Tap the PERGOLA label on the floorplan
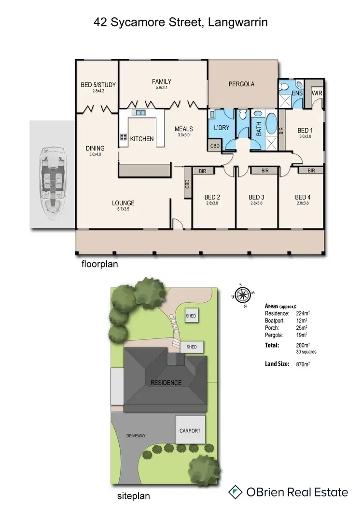tap(241, 84)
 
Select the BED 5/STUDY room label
tap(98, 86)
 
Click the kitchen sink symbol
tap(140, 113)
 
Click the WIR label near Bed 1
tap(317, 93)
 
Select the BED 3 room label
tap(257, 197)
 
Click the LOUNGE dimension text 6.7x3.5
tap(124, 210)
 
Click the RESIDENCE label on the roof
tap(166, 383)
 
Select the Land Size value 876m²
tap(303, 364)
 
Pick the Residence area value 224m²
tap(303, 313)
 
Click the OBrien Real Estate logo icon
tap(235, 492)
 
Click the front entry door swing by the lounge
tap(178, 223)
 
